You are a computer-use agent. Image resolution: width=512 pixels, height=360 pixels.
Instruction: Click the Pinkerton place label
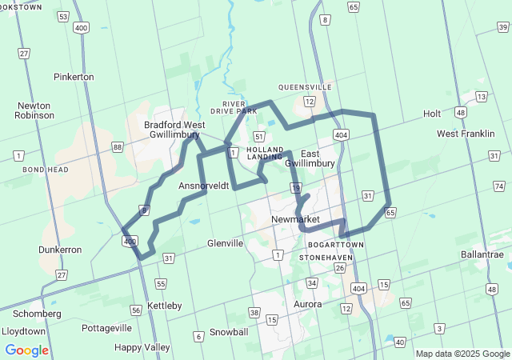(74, 77)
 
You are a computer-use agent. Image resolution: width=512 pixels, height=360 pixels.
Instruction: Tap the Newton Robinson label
(34, 110)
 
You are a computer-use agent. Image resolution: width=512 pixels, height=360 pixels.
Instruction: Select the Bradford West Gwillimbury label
(174, 130)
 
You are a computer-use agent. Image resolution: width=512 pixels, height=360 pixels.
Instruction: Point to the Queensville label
(305, 87)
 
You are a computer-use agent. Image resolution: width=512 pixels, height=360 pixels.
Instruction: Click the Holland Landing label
(265, 153)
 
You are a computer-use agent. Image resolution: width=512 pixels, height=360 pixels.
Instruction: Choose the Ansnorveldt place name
(204, 186)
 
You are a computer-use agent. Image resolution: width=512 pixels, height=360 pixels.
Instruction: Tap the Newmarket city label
(295, 219)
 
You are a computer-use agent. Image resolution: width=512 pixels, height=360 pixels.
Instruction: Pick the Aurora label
(307, 304)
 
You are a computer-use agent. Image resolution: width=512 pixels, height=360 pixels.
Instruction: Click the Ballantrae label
(482, 254)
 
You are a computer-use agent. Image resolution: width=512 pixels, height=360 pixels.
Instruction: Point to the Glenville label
(225, 243)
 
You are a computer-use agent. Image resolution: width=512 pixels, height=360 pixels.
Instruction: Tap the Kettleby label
(165, 306)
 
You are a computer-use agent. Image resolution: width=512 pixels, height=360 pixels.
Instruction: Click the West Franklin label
(466, 134)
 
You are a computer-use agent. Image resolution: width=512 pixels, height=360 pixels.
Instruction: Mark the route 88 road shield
(118, 146)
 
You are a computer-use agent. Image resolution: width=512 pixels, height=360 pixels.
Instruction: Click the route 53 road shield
(63, 16)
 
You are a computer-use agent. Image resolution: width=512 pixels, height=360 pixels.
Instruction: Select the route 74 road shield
(499, 186)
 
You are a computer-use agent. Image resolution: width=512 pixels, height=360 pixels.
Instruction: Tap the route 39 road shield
(502, 29)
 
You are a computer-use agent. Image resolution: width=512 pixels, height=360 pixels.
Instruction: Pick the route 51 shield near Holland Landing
(259, 137)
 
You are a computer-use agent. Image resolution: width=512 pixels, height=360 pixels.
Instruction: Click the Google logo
(26, 350)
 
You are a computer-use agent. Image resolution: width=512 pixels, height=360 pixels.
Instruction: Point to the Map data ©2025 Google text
(462, 354)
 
